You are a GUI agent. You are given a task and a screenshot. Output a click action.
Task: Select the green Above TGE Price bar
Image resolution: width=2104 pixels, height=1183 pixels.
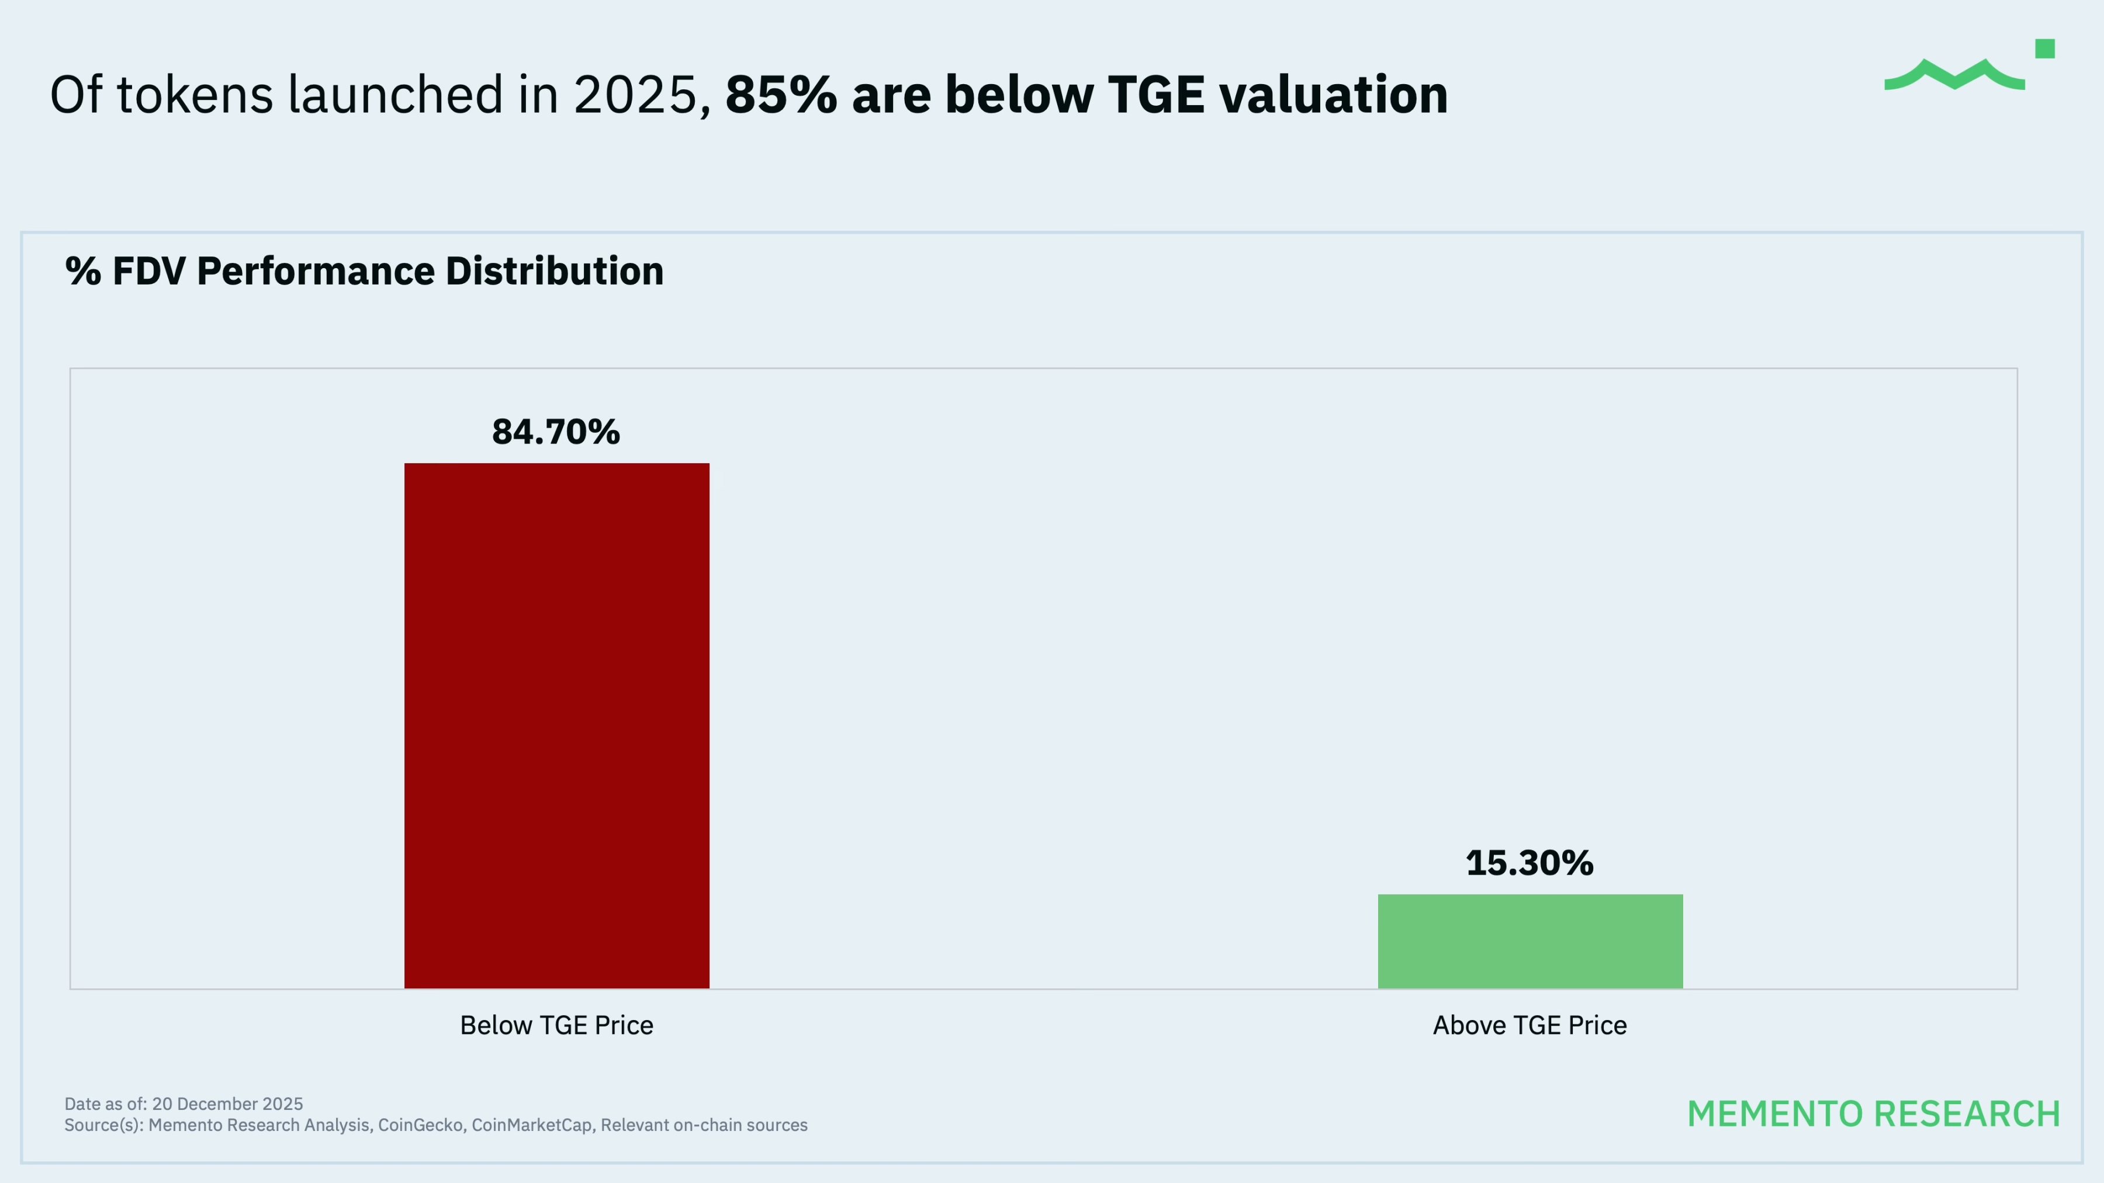[1530, 941]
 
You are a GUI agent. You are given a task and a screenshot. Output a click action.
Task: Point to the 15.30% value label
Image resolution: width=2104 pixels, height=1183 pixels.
[1529, 863]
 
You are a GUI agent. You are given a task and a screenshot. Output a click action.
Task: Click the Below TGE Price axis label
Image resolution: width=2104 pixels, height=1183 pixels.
[556, 1025]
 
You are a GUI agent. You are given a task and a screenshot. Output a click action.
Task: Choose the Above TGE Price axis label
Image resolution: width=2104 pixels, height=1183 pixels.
[1529, 1025]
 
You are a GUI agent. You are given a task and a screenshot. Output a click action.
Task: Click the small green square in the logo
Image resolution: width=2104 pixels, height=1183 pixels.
[2044, 49]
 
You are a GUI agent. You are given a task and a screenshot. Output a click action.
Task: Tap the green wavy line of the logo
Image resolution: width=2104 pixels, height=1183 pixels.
[1954, 76]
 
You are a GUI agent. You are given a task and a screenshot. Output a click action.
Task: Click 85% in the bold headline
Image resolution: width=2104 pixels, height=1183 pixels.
[781, 95]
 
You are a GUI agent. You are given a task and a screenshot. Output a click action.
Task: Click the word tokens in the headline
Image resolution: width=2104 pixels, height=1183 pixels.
[195, 95]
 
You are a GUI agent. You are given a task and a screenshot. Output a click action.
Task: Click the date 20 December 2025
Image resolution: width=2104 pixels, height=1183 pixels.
[227, 1104]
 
